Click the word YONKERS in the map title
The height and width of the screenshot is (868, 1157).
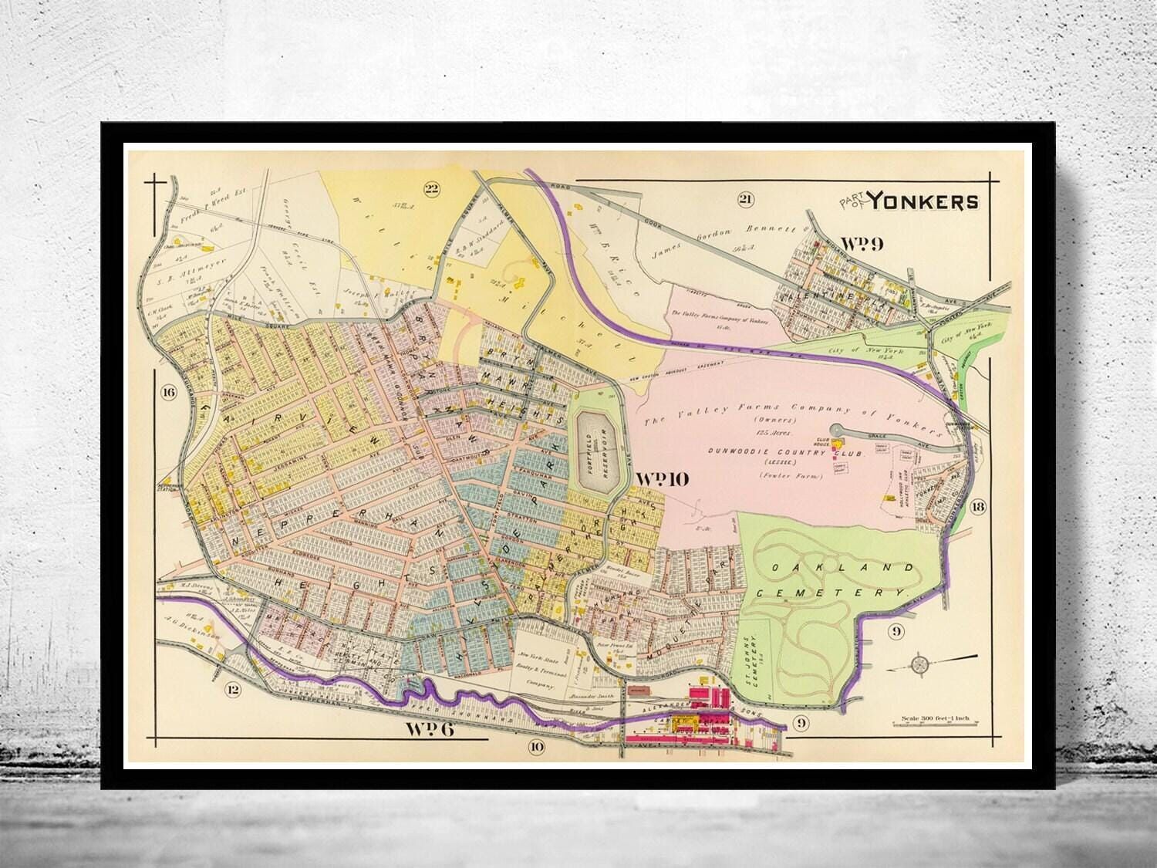click(925, 201)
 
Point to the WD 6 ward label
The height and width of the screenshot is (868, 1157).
click(429, 728)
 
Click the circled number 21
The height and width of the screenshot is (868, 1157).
click(744, 201)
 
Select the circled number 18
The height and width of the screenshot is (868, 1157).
click(979, 506)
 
